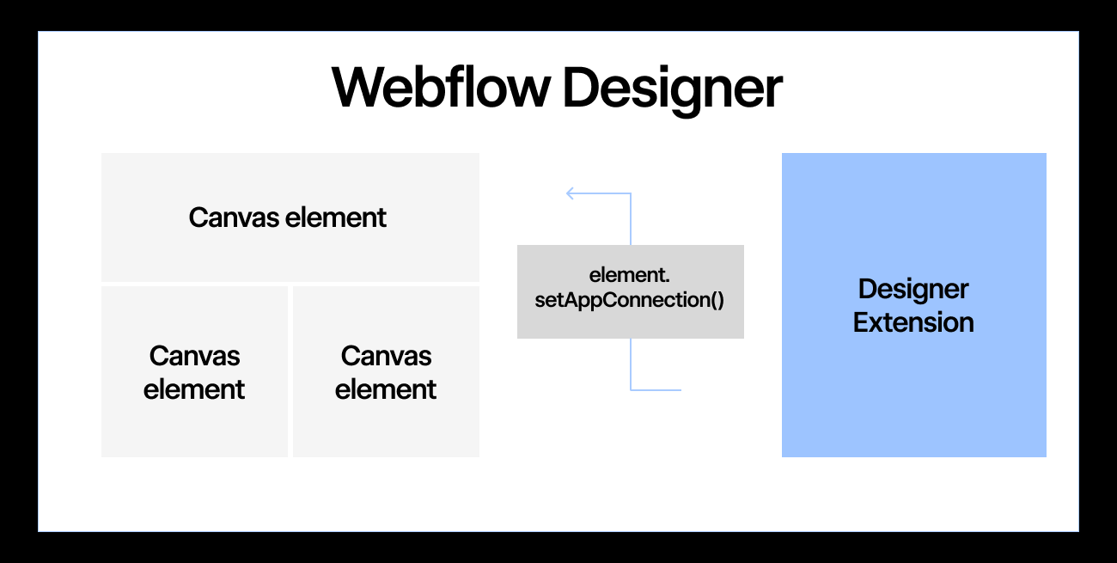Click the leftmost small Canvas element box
(194, 371)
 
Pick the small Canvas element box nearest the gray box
(386, 371)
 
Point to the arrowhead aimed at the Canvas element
(571, 193)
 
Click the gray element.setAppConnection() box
(630, 291)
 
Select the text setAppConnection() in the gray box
(630, 301)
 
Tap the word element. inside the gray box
(630, 275)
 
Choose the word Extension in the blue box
(913, 323)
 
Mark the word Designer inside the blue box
(913, 290)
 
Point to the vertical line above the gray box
(631, 219)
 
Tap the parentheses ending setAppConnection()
(717, 301)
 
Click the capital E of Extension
(861, 323)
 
